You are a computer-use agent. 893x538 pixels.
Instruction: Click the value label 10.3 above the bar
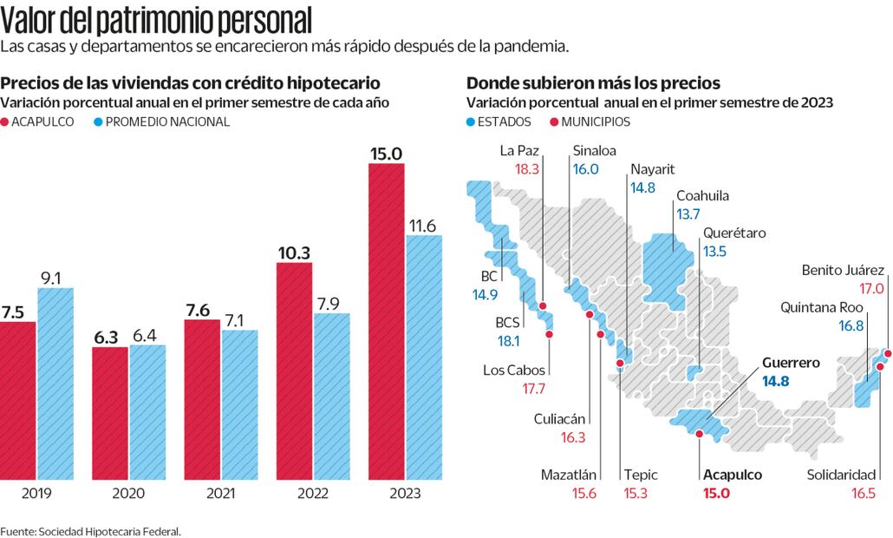click(x=294, y=253)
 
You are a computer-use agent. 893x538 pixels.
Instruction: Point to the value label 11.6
click(x=424, y=226)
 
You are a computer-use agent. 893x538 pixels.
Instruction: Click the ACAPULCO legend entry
click(x=42, y=121)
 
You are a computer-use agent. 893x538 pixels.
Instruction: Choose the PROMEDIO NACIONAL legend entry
click(x=161, y=121)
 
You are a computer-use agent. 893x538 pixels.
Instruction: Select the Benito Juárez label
click(x=843, y=270)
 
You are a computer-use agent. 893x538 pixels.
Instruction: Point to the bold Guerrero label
click(x=790, y=364)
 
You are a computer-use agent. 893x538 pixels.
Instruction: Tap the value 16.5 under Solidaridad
click(x=860, y=493)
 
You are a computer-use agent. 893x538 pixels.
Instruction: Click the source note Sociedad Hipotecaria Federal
click(x=90, y=530)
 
